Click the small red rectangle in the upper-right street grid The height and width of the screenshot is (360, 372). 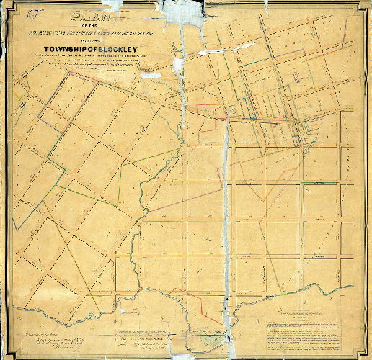297,76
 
